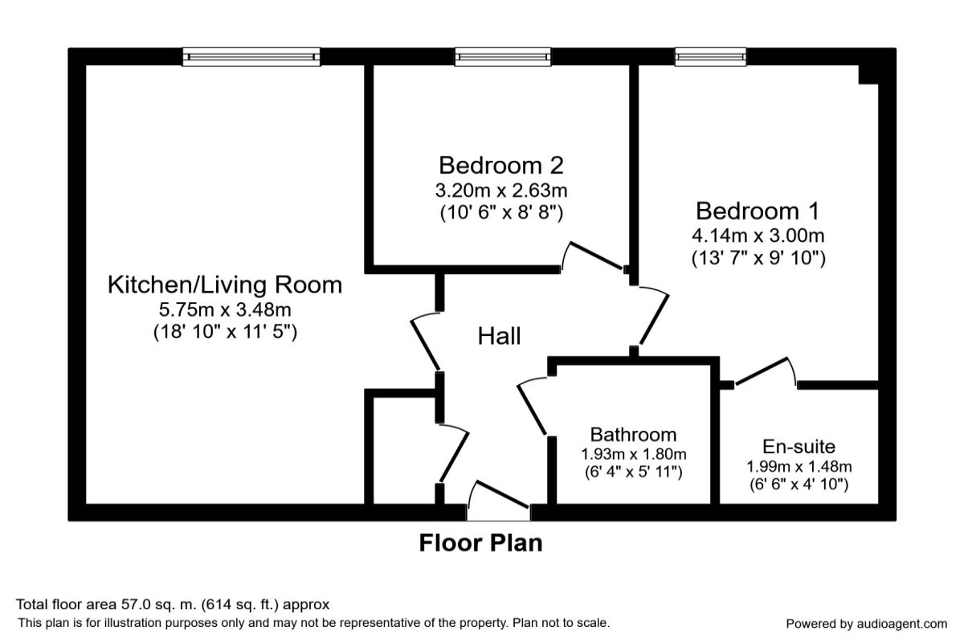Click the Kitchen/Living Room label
[x=225, y=285]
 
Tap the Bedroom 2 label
[x=501, y=166]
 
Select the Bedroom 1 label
[x=758, y=211]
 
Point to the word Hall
[x=499, y=336]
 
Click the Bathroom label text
[x=634, y=435]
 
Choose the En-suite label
[x=799, y=447]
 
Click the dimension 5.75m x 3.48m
[x=225, y=309]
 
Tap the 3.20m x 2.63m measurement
[x=501, y=190]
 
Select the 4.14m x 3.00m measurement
[x=758, y=235]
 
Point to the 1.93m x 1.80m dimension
[x=634, y=454]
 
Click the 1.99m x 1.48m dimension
[x=799, y=466]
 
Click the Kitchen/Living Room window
[x=251, y=57]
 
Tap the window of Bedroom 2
[x=503, y=57]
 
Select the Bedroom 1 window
[x=710, y=57]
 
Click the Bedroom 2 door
[x=595, y=256]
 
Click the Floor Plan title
[x=480, y=543]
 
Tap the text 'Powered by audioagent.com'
[x=866, y=624]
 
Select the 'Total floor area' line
[x=173, y=604]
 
